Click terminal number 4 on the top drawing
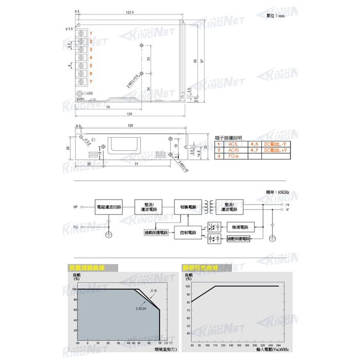tap(91, 57)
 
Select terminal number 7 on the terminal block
tap(91, 82)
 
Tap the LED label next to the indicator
tap(89, 93)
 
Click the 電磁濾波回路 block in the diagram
tap(109, 207)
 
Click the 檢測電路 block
tap(240, 227)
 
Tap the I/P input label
tap(76, 207)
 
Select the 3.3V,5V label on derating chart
tap(142, 309)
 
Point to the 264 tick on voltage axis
tap(278, 346)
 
